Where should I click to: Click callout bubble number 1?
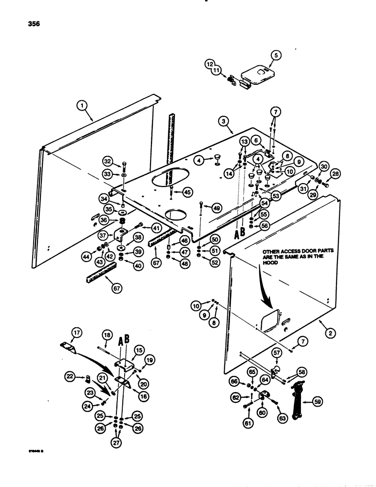click(x=82, y=105)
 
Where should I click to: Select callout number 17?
click(x=75, y=334)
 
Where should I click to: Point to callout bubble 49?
click(x=215, y=208)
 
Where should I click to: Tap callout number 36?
click(x=104, y=220)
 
